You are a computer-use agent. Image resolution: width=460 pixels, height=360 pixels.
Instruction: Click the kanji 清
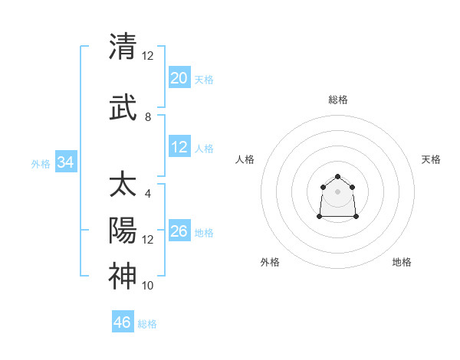pos(122,47)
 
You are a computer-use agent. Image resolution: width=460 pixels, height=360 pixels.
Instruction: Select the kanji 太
pos(122,185)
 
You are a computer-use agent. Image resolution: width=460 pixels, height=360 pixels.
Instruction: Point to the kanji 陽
pos(122,231)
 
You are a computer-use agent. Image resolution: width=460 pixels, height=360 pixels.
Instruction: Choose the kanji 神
pos(122,276)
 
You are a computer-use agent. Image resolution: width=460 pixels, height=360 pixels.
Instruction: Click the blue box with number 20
pos(179,78)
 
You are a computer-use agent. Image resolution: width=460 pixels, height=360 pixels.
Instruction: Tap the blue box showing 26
pos(179,231)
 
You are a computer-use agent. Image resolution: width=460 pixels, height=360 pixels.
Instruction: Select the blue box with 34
pos(65,162)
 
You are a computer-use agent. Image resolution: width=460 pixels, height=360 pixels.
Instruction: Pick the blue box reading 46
pos(122,322)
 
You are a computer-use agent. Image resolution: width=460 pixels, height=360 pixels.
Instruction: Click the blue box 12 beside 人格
pos(179,147)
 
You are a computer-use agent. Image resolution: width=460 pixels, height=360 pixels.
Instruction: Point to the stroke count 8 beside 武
pos(148,117)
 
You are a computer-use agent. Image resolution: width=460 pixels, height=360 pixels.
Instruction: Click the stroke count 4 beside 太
pos(148,193)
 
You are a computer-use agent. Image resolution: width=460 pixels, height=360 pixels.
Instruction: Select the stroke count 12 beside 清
pos(148,55)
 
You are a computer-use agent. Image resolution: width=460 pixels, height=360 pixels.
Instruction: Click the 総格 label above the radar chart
pos(337,100)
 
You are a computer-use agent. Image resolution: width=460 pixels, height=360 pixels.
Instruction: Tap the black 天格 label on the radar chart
pos(431,159)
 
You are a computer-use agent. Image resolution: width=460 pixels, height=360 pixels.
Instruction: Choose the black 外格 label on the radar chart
pos(270,262)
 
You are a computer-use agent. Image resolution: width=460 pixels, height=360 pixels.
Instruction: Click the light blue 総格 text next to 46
pos(147,324)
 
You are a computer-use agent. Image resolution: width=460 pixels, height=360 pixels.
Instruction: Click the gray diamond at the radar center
pos(337,191)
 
